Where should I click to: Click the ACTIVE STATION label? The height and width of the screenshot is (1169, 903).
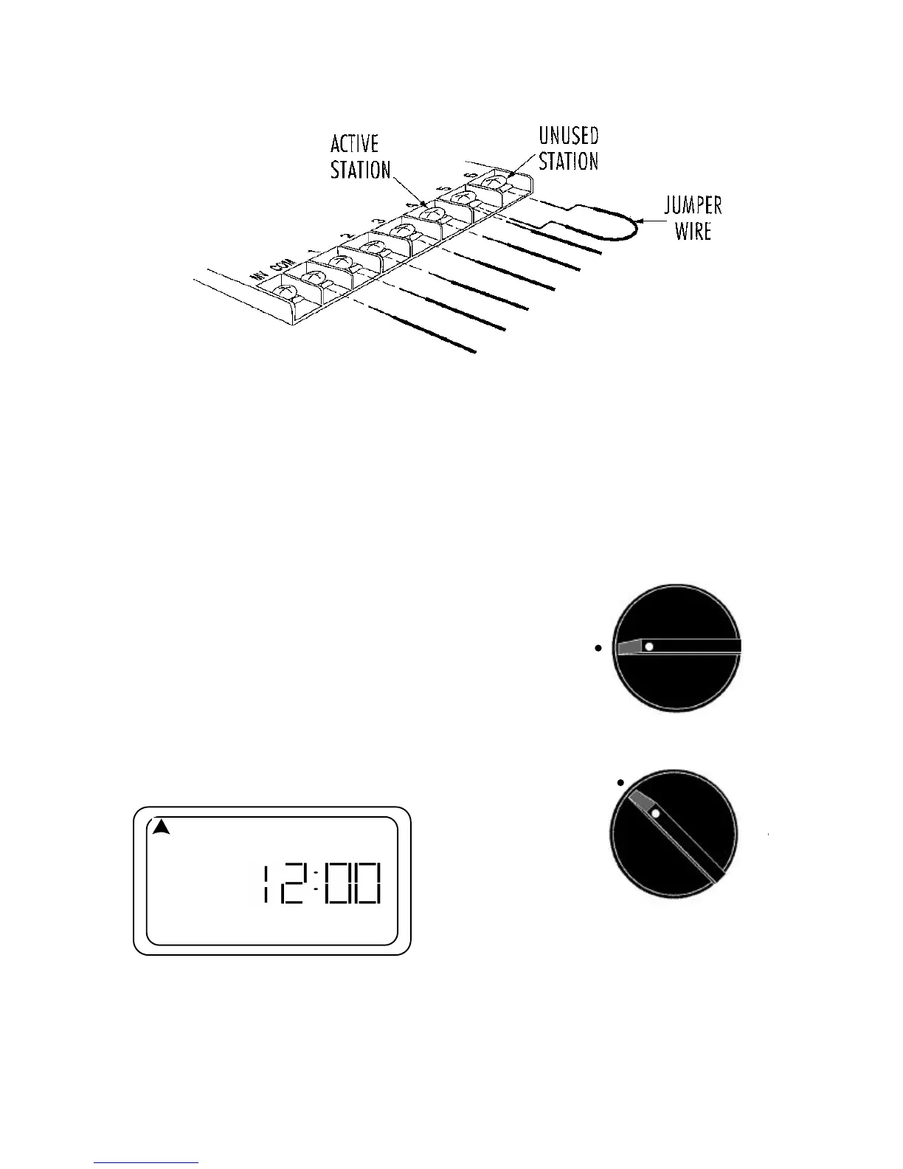point(360,156)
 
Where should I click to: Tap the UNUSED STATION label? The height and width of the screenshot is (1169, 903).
point(568,148)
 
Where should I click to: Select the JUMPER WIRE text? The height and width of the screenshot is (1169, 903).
point(692,218)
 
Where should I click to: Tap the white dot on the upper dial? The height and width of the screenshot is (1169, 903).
point(648,646)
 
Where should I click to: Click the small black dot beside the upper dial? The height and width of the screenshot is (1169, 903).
point(599,648)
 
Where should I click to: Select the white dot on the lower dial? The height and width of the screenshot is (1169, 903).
point(654,813)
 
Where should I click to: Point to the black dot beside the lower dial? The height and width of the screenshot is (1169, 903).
point(620,782)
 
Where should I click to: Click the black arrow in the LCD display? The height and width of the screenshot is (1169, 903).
point(162,827)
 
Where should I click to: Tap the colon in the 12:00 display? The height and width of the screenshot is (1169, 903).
point(314,883)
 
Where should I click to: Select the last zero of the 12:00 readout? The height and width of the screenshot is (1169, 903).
point(366,883)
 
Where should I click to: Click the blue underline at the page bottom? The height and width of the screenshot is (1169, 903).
point(147,1162)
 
